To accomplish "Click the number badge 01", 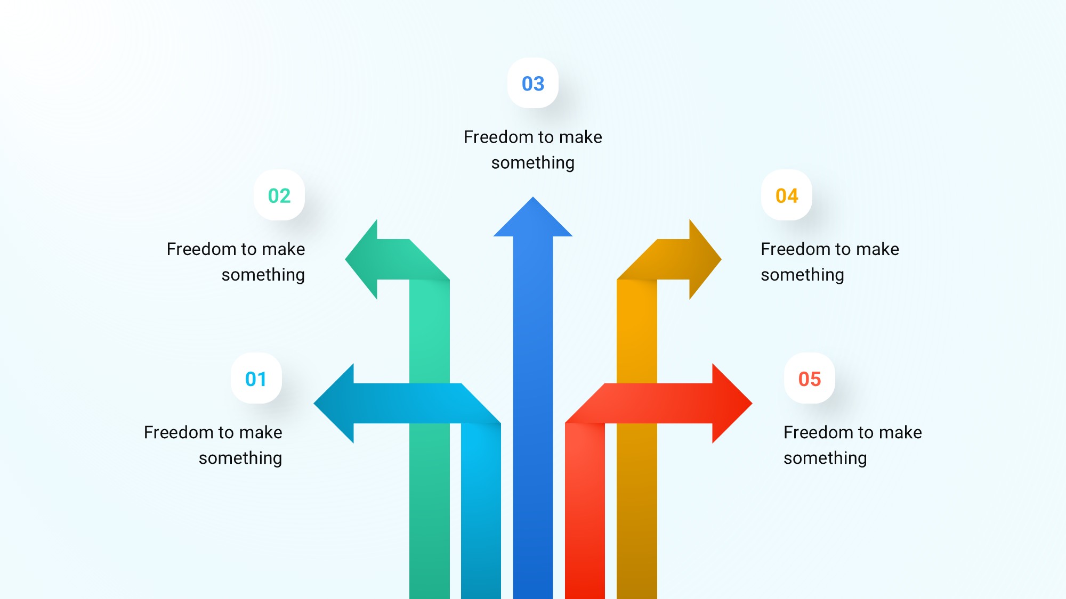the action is (x=256, y=379).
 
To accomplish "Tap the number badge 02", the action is (x=279, y=195).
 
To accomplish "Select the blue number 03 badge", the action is (x=533, y=83).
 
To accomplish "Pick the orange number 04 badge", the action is (x=787, y=195).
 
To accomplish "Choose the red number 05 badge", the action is (x=810, y=379).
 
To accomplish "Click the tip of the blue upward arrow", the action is (x=533, y=198).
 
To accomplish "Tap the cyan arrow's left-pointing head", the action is (x=335, y=404).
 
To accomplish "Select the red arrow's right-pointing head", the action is (x=731, y=404).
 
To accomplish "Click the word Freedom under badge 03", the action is (x=498, y=137).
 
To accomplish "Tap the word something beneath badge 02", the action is (x=263, y=275).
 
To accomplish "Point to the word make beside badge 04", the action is (x=878, y=249).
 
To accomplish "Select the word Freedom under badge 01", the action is (x=179, y=432).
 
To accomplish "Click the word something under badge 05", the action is (x=825, y=458).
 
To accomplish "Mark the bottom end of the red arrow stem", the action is (x=585, y=597).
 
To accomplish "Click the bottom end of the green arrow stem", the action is (x=430, y=597).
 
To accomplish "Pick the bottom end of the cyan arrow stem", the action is (x=481, y=597).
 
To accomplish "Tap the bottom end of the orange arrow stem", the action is (x=637, y=597).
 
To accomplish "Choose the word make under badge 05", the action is (x=900, y=432).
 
